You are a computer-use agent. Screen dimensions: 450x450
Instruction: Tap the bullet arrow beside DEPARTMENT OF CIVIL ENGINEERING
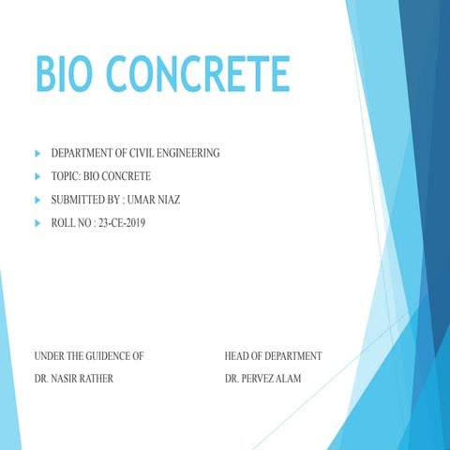[x=37, y=152]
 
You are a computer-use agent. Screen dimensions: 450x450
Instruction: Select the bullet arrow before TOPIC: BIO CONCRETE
[x=37, y=176]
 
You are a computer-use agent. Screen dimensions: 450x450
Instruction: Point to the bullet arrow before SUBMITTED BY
[x=37, y=200]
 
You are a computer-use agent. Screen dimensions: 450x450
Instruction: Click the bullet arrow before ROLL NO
[x=37, y=224]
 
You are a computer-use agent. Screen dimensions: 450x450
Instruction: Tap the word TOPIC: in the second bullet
[x=67, y=176]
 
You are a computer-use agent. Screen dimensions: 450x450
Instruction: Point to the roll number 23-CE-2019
[x=120, y=224]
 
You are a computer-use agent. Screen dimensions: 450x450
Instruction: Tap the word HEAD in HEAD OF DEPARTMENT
[x=238, y=356]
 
